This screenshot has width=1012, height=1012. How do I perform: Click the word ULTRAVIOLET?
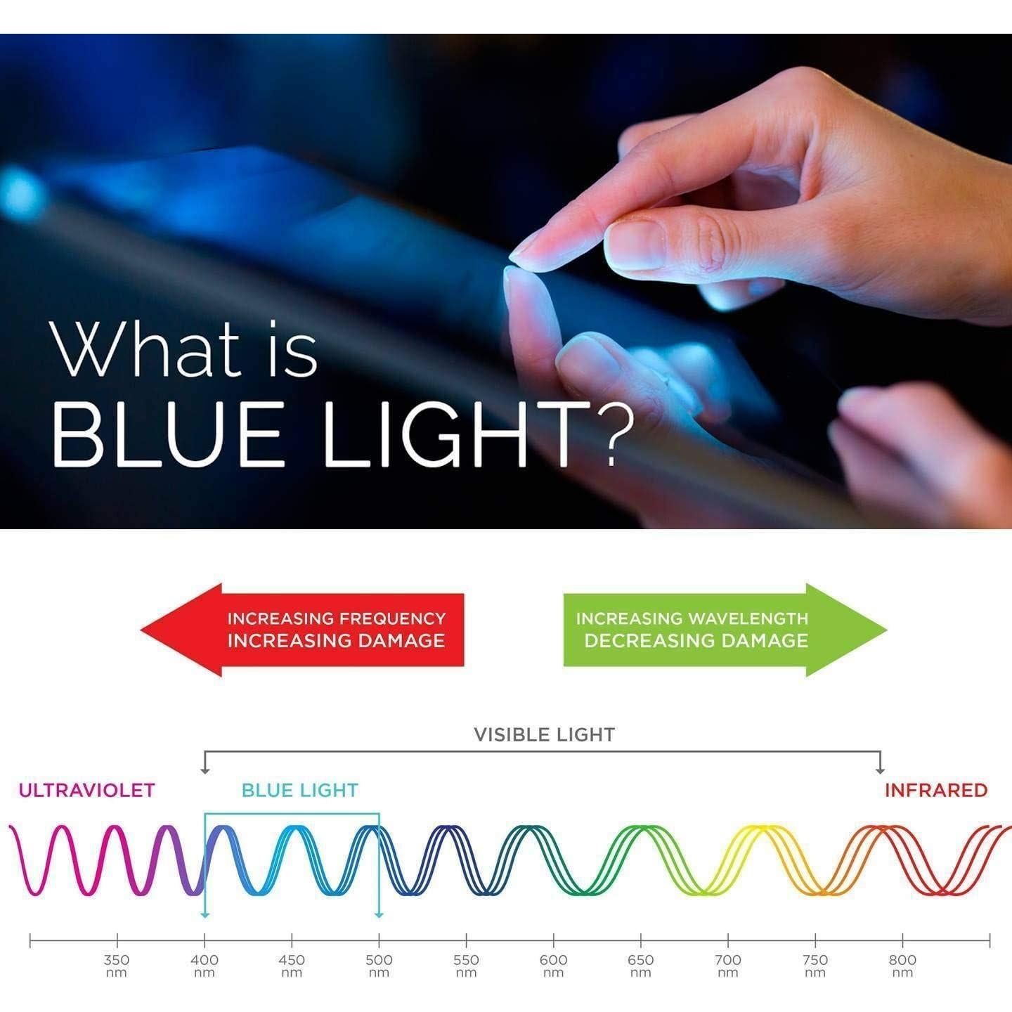[86, 791]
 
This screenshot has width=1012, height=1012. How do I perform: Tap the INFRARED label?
[936, 791]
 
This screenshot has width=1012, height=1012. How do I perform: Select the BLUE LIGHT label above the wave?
[300, 791]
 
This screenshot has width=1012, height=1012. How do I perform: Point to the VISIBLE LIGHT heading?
[544, 734]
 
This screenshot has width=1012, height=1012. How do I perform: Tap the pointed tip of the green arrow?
[886, 630]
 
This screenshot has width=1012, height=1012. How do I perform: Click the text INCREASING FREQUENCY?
[337, 618]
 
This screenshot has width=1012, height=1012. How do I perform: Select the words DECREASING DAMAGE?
[696, 641]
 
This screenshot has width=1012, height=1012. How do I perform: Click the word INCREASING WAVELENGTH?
[692, 618]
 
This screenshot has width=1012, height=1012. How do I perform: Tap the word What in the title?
[145, 349]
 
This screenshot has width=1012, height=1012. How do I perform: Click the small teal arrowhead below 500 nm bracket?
[379, 916]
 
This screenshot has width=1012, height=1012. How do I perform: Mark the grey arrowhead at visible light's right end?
[880, 771]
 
